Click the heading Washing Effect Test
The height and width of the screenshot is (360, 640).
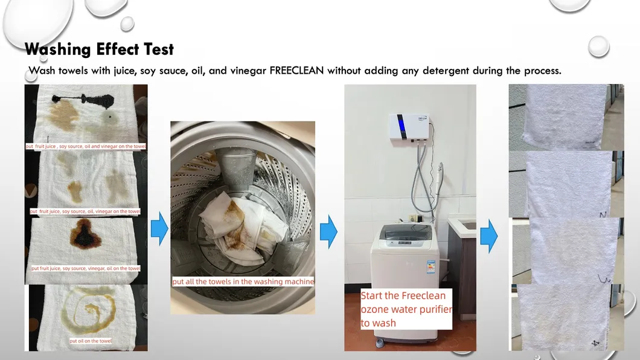(100, 49)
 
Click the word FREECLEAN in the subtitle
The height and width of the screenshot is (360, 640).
(298, 71)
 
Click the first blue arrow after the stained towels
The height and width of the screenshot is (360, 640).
(159, 229)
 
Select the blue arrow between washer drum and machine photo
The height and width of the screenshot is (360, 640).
(328, 230)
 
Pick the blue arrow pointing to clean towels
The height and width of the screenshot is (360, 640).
(488, 235)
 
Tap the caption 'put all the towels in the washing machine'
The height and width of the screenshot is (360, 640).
(243, 281)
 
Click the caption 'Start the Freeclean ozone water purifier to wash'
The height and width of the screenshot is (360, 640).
(406, 309)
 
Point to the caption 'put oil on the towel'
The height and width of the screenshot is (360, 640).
(90, 341)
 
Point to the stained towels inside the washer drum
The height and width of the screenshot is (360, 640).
(232, 227)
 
